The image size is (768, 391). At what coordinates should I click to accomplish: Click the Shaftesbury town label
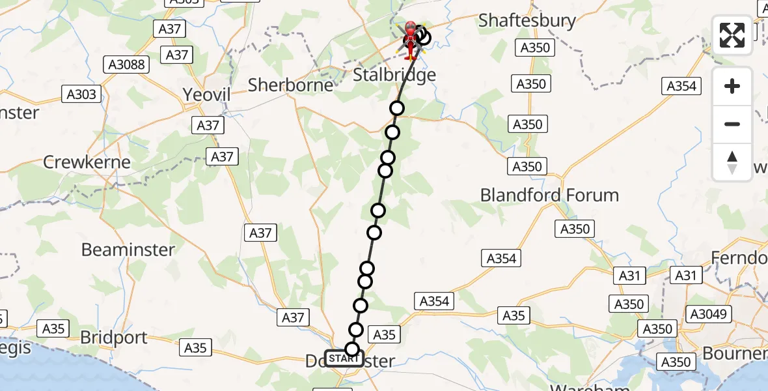coord(527,21)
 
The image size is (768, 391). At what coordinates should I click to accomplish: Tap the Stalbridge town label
coord(394,74)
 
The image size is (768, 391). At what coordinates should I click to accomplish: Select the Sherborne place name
coord(291,85)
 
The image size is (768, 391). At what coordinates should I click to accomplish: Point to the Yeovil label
coord(206,94)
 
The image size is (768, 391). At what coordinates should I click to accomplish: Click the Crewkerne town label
coord(87,162)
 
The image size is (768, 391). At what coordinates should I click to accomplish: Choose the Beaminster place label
coord(128,250)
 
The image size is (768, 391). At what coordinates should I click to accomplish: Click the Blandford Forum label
coord(549,195)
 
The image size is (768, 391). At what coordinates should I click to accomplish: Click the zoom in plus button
coord(732,86)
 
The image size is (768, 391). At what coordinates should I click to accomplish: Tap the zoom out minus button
coord(732,124)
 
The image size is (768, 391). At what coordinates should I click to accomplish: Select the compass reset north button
coord(732,162)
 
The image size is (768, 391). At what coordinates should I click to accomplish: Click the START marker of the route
coord(343,358)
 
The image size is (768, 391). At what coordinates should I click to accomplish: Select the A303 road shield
coord(82,94)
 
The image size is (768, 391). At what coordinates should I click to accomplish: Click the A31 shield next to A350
coord(629,276)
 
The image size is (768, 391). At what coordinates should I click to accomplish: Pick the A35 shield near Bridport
coord(53,328)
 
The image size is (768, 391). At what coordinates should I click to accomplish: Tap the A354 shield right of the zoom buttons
coord(681,86)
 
